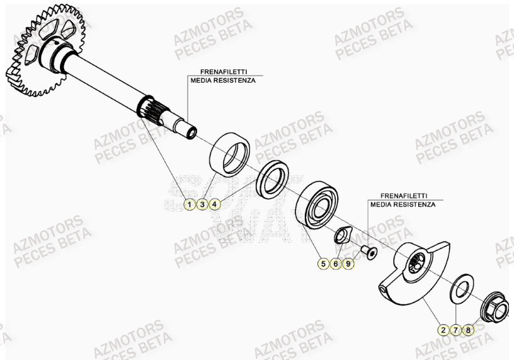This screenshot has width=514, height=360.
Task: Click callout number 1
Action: pyautogui.click(x=189, y=204)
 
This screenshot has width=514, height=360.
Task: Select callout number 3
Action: pyautogui.click(x=202, y=204)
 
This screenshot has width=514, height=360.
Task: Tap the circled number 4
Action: pyautogui.click(x=214, y=204)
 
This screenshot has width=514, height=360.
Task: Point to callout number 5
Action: pyautogui.click(x=323, y=264)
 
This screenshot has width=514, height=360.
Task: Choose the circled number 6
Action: pyautogui.click(x=336, y=264)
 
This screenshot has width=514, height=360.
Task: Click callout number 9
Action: pyautogui.click(x=348, y=264)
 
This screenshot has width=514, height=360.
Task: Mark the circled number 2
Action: pyautogui.click(x=443, y=329)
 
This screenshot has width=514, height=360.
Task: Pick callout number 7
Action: pyautogui.click(x=455, y=329)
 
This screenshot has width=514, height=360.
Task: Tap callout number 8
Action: pyautogui.click(x=468, y=329)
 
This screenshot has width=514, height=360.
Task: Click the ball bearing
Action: pyautogui.click(x=319, y=205)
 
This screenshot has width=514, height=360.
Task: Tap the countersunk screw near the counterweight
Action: pyautogui.click(x=369, y=253)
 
